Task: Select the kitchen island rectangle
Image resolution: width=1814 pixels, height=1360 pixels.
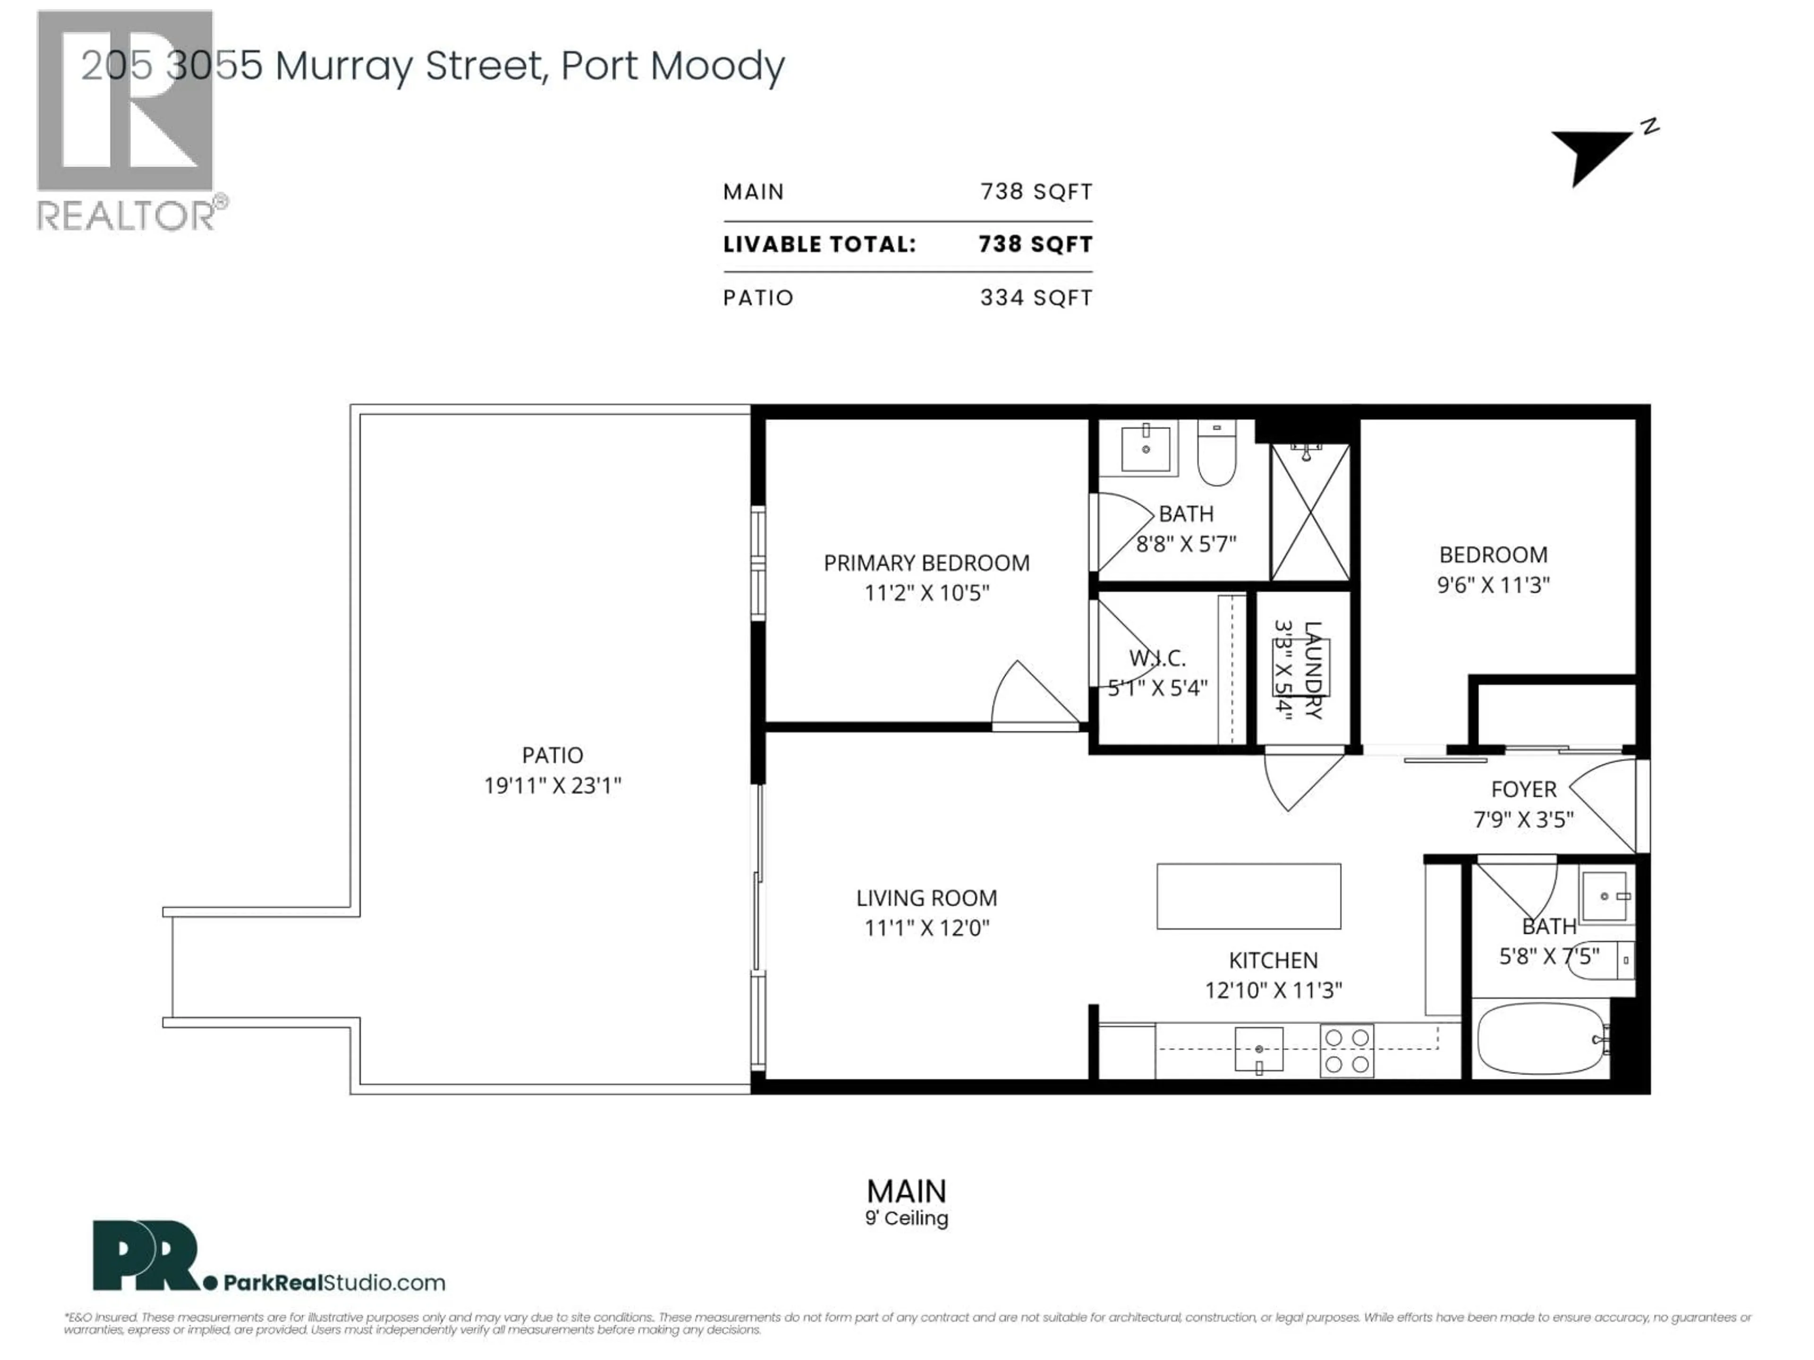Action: pyautogui.click(x=1248, y=896)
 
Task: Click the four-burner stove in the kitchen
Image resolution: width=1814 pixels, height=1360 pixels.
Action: pyautogui.click(x=1346, y=1050)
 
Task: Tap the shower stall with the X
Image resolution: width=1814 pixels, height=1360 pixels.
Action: pyautogui.click(x=1309, y=512)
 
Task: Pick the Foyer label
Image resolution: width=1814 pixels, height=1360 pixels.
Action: pyautogui.click(x=1523, y=790)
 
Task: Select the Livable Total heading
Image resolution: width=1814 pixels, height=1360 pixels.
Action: pyautogui.click(x=819, y=244)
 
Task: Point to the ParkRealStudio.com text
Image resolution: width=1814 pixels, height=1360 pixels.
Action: pyautogui.click(x=334, y=1283)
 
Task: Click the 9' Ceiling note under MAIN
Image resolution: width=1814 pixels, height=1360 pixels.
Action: pyautogui.click(x=906, y=1218)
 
